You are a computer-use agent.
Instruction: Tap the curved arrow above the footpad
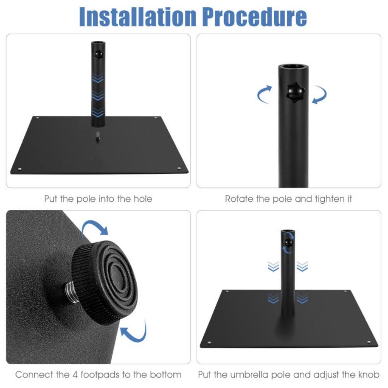click(x=95, y=229)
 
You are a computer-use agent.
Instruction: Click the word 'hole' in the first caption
click(x=140, y=199)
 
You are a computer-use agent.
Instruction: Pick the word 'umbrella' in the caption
click(x=254, y=375)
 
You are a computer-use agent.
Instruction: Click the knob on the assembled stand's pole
click(x=288, y=243)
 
